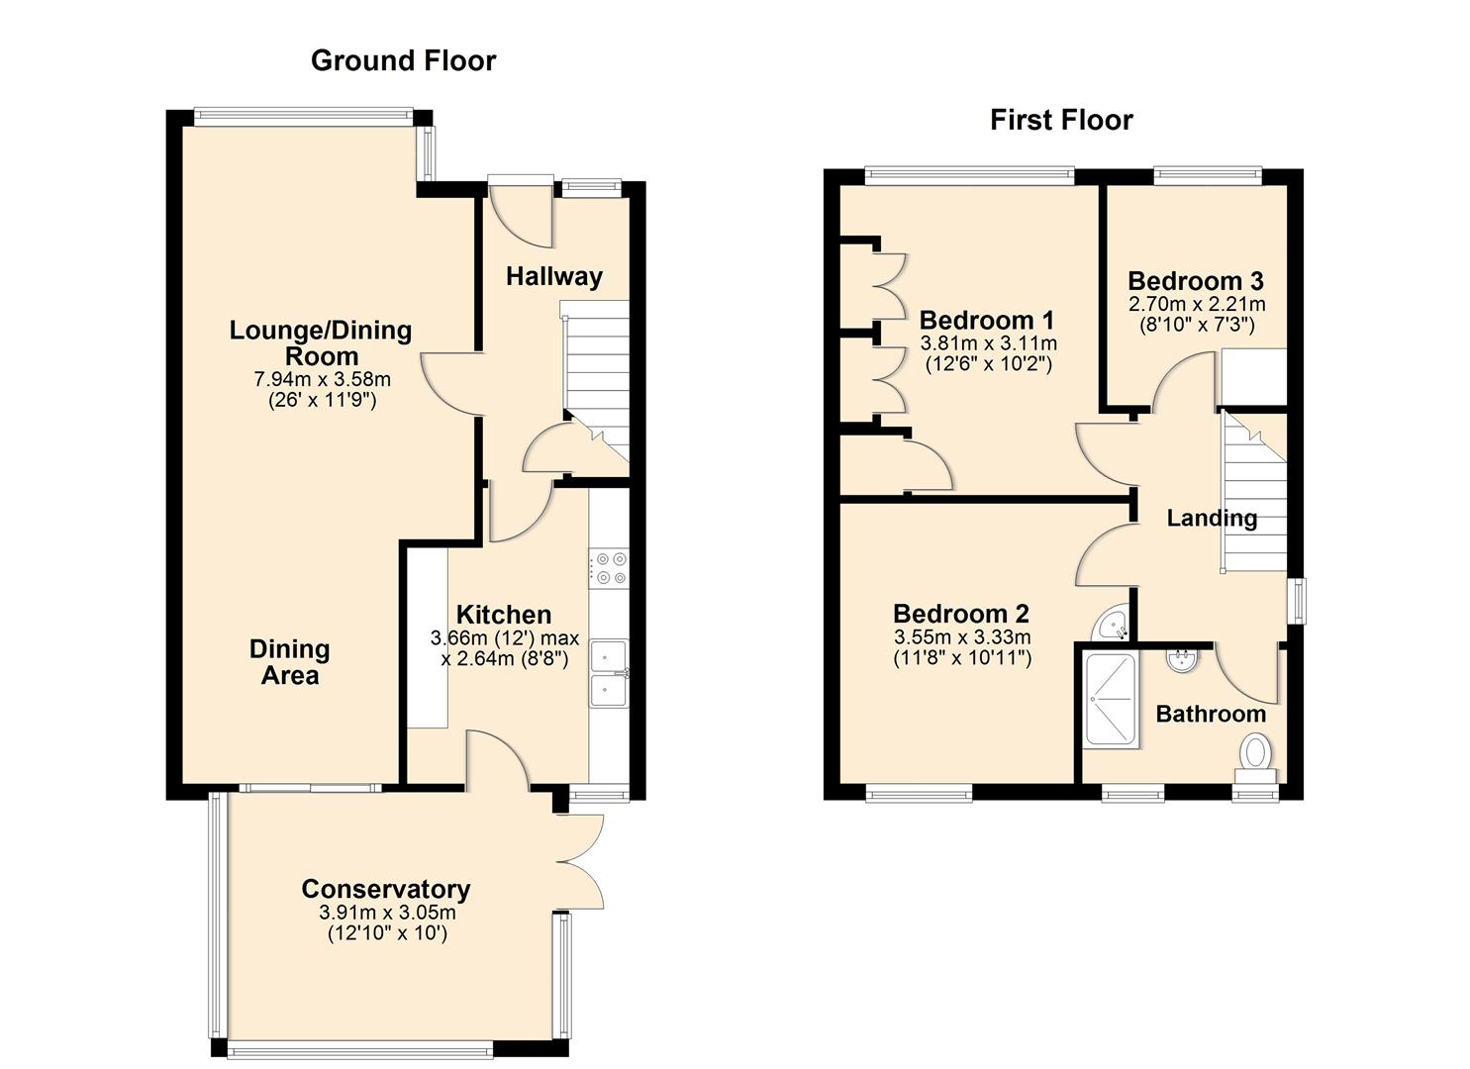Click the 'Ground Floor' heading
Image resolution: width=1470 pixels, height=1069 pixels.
403,60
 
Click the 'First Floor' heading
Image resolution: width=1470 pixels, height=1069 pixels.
1061,120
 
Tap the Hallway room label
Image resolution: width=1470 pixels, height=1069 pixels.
553,276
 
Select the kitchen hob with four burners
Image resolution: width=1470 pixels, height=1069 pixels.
609,569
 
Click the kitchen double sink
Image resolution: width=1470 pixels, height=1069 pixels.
609,673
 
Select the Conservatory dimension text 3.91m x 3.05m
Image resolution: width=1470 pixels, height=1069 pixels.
387,913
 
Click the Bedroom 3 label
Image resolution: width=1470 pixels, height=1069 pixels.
1196,281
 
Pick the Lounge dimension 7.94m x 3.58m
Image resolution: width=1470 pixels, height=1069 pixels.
322,379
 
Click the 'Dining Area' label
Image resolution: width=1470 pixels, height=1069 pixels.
289,662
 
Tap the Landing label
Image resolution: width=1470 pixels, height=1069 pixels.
1212,518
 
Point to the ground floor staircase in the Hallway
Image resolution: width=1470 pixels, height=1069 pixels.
596,381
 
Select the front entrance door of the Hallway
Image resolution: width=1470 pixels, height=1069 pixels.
522,212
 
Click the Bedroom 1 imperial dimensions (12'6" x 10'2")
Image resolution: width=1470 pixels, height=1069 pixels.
988,363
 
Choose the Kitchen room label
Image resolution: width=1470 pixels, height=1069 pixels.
503,615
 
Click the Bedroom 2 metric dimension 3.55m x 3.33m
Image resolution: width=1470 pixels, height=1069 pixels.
961,636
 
